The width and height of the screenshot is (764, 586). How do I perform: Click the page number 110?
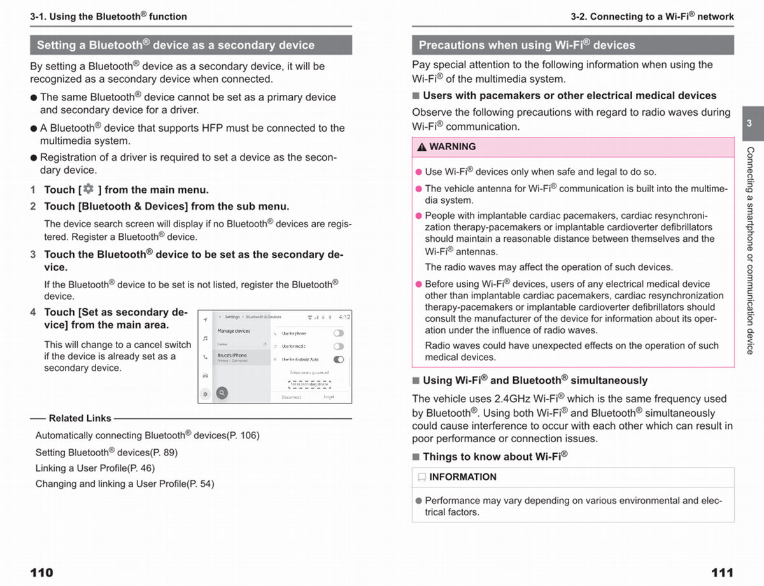(x=42, y=573)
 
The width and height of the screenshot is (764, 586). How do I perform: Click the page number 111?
(x=722, y=573)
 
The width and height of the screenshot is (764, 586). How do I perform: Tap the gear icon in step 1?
(x=88, y=189)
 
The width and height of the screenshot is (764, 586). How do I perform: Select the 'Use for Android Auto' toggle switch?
(x=339, y=359)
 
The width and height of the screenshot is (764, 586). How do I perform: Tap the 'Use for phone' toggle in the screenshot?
(x=339, y=333)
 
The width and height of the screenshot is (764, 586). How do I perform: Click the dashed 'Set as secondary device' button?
(x=309, y=384)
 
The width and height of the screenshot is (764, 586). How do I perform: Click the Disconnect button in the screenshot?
(x=291, y=397)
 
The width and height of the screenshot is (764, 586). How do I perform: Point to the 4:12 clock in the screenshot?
(x=344, y=317)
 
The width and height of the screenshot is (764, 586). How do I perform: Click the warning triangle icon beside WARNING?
(x=421, y=147)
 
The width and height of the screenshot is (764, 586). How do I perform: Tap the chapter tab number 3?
(x=749, y=123)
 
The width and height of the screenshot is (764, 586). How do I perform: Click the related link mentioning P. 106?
(x=147, y=436)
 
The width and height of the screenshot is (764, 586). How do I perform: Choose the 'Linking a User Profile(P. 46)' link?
(x=95, y=468)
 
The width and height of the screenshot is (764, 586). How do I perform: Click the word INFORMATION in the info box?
(x=463, y=477)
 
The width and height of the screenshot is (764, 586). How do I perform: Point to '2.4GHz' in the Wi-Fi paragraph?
(x=516, y=399)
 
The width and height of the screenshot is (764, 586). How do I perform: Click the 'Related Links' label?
(x=80, y=419)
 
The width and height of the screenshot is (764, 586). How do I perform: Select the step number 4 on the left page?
(x=33, y=312)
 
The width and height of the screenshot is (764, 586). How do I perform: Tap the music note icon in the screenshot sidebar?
(x=205, y=339)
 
